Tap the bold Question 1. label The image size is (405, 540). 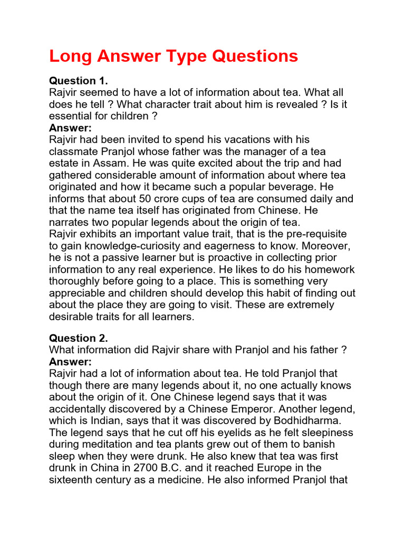(x=78, y=81)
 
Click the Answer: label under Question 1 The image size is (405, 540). (x=70, y=128)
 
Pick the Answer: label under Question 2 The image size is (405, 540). (x=70, y=362)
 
